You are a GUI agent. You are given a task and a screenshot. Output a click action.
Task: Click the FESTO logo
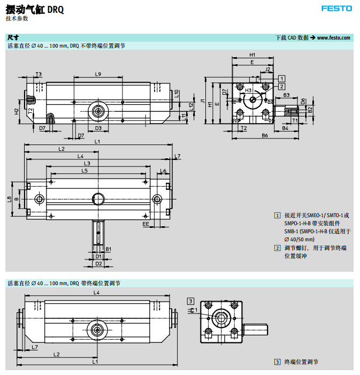click(x=336, y=8)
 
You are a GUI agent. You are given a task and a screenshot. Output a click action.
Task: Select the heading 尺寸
click(x=13, y=37)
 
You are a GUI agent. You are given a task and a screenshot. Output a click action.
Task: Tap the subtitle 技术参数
click(x=17, y=18)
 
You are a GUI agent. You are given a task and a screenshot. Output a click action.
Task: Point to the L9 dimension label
click(x=98, y=74)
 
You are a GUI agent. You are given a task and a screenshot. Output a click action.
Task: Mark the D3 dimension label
click(x=98, y=128)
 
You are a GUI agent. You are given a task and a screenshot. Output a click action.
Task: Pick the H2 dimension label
click(x=17, y=111)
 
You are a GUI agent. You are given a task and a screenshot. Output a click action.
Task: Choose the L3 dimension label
click(x=87, y=163)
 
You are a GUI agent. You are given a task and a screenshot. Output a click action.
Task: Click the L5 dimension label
click(x=85, y=171)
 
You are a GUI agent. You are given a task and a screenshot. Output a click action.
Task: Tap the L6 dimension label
click(x=163, y=171)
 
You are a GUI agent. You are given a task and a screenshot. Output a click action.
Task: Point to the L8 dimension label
click(x=9, y=199)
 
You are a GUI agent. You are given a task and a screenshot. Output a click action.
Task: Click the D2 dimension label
click(x=98, y=263)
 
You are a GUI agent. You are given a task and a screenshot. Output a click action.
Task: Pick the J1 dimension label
click(x=203, y=101)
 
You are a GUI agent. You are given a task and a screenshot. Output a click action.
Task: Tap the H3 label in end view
click(x=248, y=90)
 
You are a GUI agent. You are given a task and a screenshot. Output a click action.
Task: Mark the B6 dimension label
click(x=264, y=136)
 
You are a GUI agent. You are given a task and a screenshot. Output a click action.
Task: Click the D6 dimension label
click(x=303, y=101)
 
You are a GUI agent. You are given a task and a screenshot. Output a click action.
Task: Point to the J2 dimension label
click(x=267, y=69)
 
